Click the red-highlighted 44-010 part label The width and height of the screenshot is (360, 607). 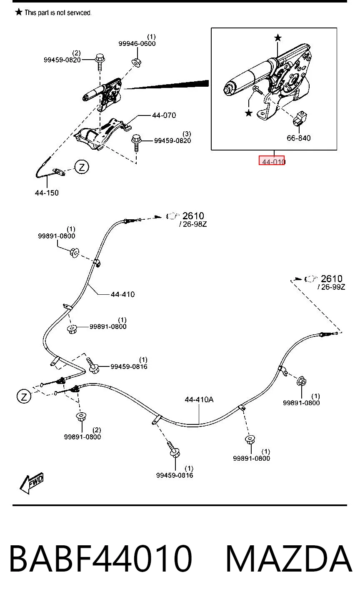[x=272, y=161]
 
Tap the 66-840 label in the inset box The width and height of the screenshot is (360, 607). [x=298, y=138]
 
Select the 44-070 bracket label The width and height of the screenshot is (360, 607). [x=164, y=115]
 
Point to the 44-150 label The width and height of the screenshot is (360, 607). [x=47, y=193]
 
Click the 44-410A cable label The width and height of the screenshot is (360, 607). [x=199, y=399]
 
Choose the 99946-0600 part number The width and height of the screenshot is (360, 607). [x=137, y=43]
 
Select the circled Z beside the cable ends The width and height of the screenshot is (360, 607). [x=24, y=397]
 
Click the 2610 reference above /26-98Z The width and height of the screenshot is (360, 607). [x=193, y=216]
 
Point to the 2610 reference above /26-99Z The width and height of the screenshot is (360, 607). [x=332, y=278]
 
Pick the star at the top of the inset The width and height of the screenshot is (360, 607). [x=277, y=38]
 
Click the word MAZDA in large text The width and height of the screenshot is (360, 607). [x=289, y=559]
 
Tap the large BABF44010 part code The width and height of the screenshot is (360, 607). [x=101, y=559]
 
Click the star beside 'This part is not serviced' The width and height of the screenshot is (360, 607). [x=18, y=12]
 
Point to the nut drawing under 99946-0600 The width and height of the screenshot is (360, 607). [x=137, y=63]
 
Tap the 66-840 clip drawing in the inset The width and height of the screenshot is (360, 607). [x=299, y=118]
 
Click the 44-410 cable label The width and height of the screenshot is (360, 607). [x=123, y=294]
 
